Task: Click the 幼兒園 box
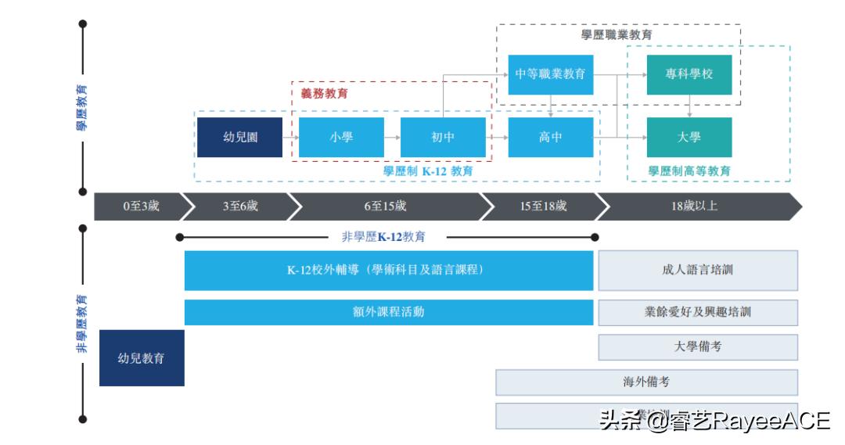coord(239,137)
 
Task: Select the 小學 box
coord(341,137)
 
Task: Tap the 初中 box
coord(443,137)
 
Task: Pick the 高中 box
coord(550,137)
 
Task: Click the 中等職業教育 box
coord(550,74)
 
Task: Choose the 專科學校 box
coord(689,74)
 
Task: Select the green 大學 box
coord(689,137)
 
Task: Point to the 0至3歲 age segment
coord(141,206)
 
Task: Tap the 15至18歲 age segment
coord(543,206)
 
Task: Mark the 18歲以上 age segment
coord(694,206)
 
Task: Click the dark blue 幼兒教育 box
coord(142,357)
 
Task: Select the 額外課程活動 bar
coord(389,311)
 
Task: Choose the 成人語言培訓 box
coord(697,270)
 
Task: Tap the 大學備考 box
coord(697,346)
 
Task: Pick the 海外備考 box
coord(646,382)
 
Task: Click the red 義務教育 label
coord(325,93)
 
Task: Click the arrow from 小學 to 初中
coord(392,137)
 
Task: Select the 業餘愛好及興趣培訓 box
coord(697,311)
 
